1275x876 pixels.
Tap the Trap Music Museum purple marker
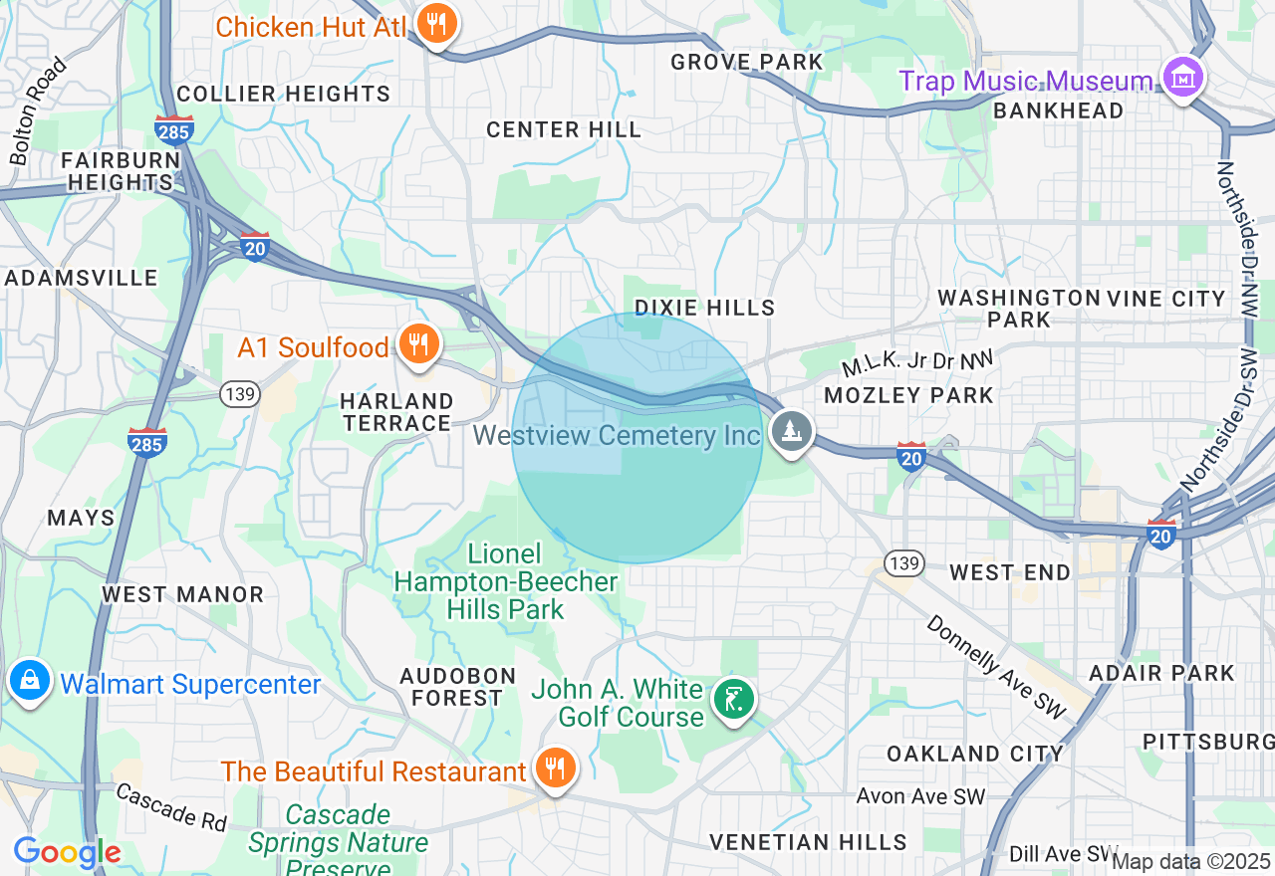(1182, 78)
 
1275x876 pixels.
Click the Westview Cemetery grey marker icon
(791, 432)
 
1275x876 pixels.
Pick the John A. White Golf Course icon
(733, 700)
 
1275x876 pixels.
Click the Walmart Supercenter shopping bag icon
(30, 682)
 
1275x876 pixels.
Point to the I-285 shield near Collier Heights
(174, 129)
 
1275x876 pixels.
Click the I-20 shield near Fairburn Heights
(255, 247)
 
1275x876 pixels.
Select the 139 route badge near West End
(903, 564)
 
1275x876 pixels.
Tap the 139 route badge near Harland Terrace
(240, 394)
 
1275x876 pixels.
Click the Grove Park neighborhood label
(747, 62)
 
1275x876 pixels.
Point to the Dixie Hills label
(705, 308)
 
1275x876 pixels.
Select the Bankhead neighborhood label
(1058, 110)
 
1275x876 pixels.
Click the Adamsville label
(81, 278)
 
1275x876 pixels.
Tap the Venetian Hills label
(808, 842)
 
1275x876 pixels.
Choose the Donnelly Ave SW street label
(996, 667)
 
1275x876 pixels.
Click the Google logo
(67, 853)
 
